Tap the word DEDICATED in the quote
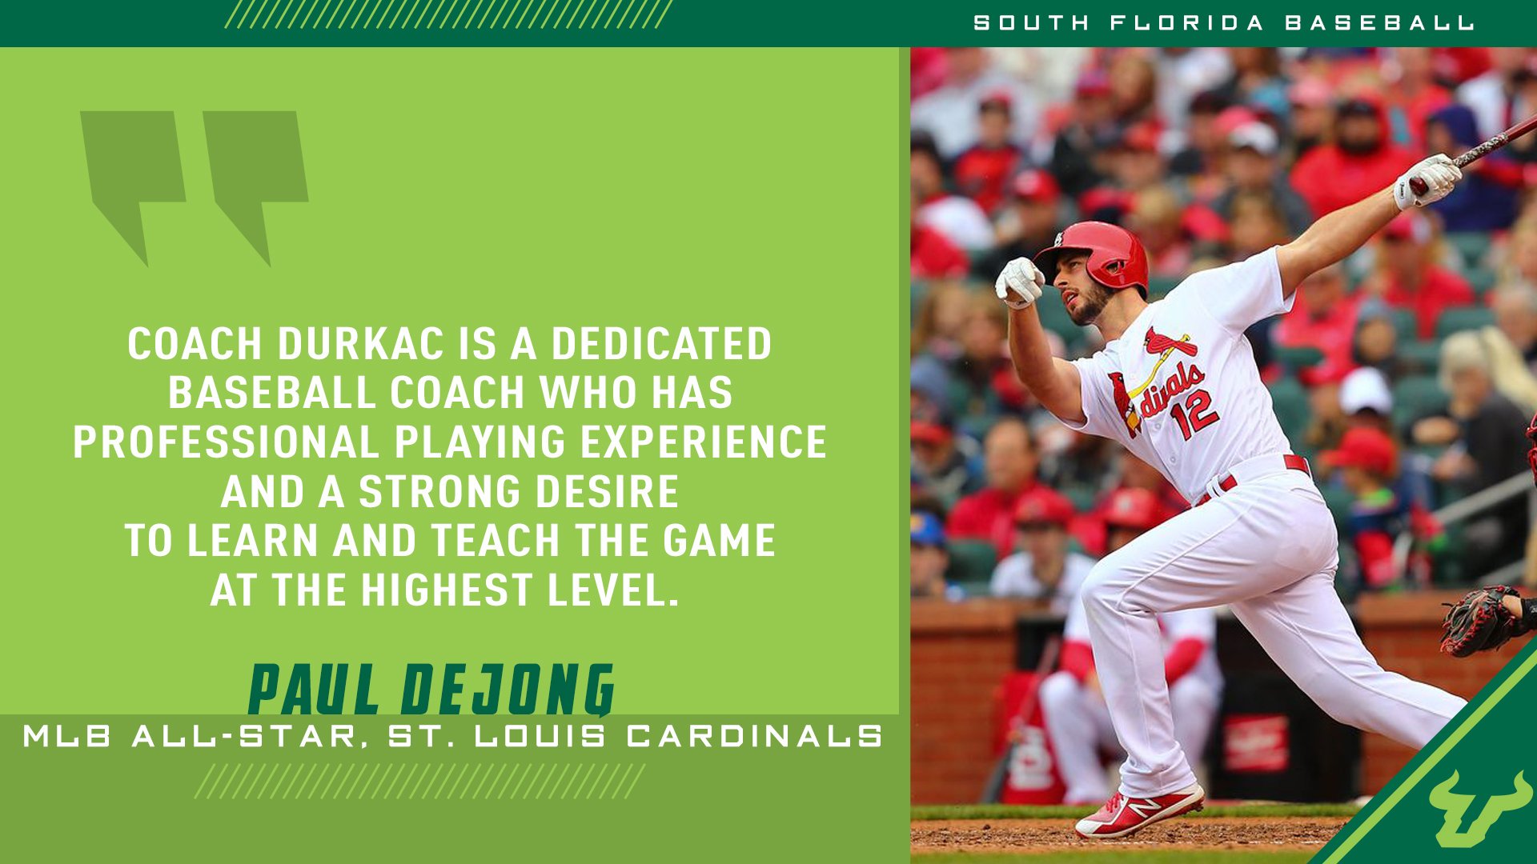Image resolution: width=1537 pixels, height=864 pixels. (661, 344)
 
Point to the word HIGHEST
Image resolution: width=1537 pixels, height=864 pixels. (447, 590)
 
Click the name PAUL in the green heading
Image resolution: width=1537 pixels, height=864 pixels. (313, 690)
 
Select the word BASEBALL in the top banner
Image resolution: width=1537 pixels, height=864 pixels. (1378, 23)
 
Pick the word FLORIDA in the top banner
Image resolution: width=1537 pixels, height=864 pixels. (1186, 23)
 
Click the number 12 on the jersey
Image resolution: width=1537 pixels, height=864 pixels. (1193, 413)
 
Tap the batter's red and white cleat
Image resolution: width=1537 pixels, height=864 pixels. (1140, 811)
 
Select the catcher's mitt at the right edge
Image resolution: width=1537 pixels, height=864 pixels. (1481, 620)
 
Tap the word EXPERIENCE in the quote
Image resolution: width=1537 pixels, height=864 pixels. (703, 442)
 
